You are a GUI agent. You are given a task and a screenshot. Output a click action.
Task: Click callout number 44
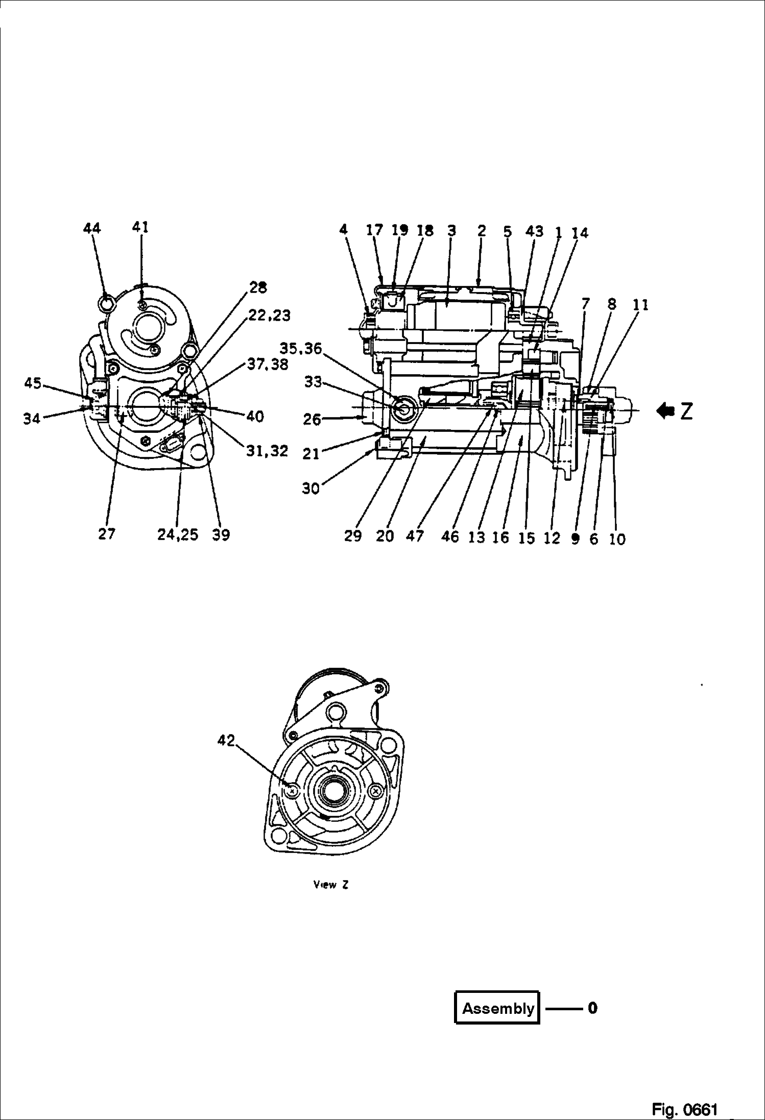[x=92, y=228]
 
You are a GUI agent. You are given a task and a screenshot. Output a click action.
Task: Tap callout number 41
[x=140, y=227]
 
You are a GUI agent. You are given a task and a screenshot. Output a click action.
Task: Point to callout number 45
[x=33, y=383]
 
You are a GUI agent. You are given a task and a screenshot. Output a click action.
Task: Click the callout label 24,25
[x=178, y=535]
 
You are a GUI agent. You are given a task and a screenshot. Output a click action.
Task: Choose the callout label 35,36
[x=301, y=349]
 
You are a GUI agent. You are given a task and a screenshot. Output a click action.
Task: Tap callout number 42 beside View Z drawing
[x=226, y=740]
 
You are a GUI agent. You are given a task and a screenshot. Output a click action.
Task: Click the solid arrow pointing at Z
[x=666, y=410]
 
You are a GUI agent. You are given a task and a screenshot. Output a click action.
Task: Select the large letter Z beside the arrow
[x=686, y=411]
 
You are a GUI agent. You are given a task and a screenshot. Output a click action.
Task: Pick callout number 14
[x=580, y=233]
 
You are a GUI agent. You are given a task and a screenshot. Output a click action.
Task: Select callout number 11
[x=640, y=305]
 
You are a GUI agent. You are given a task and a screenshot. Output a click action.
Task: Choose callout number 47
[x=415, y=536]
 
